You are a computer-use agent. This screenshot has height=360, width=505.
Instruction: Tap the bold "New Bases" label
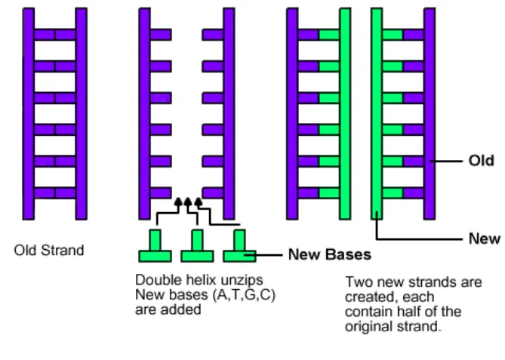point(329,254)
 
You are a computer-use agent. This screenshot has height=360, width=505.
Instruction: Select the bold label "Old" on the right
point(481,160)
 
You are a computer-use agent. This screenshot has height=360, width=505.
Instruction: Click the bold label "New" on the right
point(484,238)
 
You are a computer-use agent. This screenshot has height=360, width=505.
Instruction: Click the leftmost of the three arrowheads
point(179,202)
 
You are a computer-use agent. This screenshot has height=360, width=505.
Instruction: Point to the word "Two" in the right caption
point(356,282)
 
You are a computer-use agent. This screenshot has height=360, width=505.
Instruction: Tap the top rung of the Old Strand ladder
point(54,35)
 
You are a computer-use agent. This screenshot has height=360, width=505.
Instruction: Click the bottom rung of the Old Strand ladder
point(54,192)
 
